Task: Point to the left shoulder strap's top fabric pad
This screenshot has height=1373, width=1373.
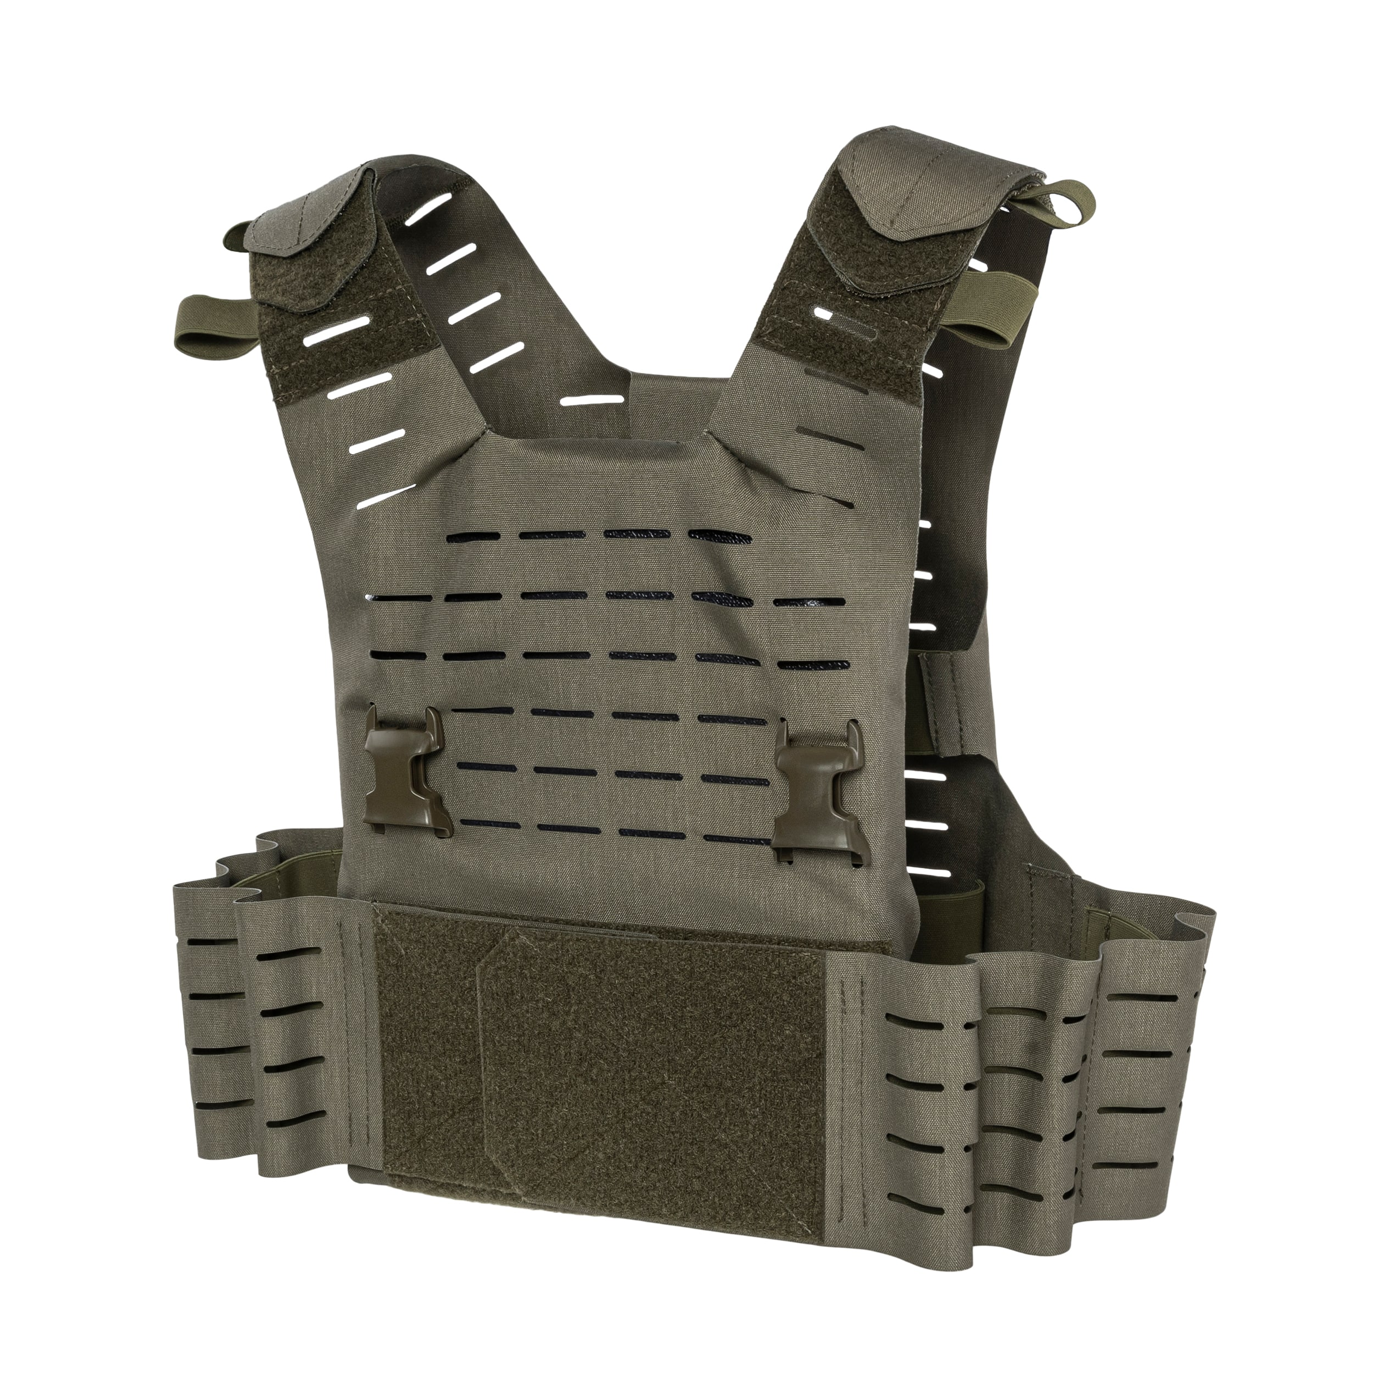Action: point(312,220)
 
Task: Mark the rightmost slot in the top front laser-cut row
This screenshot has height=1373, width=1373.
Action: point(718,534)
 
